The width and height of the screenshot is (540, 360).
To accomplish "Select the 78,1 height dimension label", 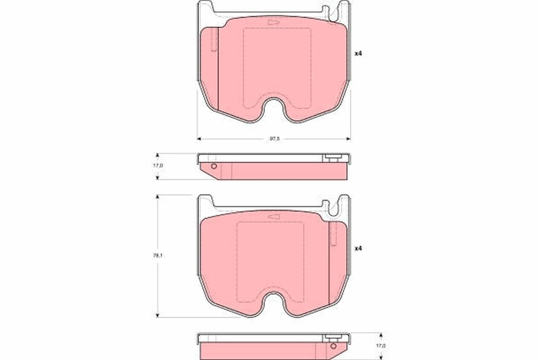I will (x=158, y=255).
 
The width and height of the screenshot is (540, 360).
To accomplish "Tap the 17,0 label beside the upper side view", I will (x=158, y=166).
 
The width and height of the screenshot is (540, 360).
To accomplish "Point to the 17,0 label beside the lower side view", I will (x=381, y=345).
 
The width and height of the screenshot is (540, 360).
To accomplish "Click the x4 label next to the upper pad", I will (x=358, y=54).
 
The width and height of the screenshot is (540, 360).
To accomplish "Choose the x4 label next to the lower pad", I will (x=358, y=248).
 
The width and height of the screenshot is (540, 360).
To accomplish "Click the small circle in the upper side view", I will (x=214, y=166).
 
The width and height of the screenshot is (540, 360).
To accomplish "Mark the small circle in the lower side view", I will (x=333, y=346).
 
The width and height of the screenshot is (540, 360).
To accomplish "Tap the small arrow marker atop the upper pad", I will (x=273, y=22).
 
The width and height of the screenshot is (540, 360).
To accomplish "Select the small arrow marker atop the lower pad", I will (x=274, y=217).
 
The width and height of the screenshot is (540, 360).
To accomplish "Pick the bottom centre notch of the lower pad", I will (x=274, y=302).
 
